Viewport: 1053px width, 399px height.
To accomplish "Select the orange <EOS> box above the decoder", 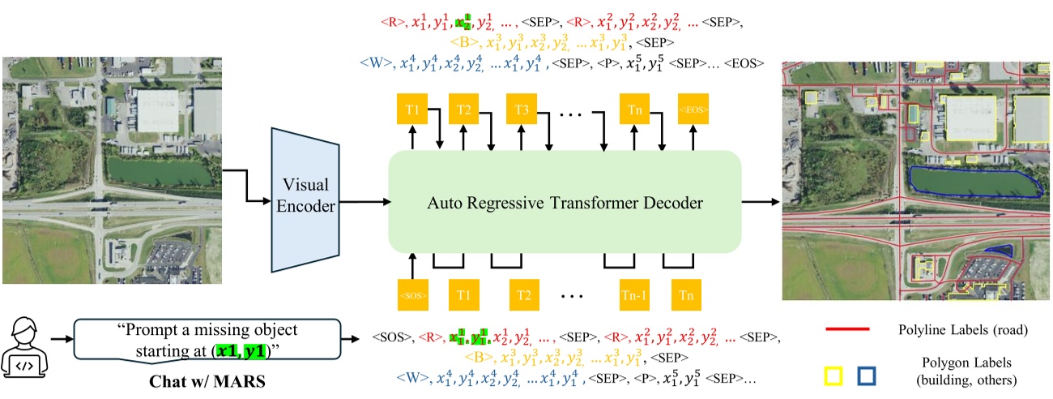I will click(x=693, y=109).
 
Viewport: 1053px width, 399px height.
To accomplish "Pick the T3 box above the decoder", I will click(x=521, y=109).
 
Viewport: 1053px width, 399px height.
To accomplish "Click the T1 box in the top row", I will click(x=413, y=109).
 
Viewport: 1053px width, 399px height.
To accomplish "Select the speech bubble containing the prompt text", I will click(x=207, y=341).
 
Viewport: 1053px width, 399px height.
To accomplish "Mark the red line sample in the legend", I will click(x=847, y=330).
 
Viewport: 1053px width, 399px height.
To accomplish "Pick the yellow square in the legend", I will click(x=833, y=375).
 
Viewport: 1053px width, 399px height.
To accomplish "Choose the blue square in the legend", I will click(x=868, y=375).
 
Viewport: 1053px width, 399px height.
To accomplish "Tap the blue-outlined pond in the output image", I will click(x=972, y=182).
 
